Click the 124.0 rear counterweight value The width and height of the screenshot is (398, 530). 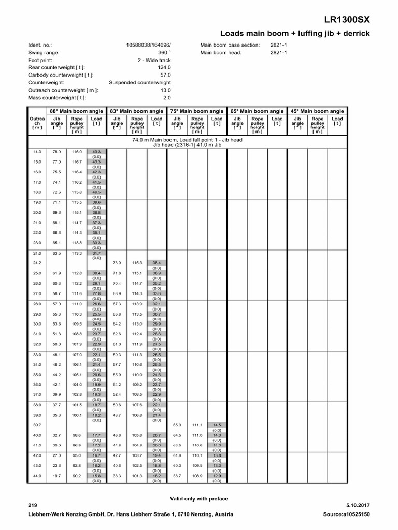(164, 67)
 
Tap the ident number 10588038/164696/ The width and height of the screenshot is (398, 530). (148, 45)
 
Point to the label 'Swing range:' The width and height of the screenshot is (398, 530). (44, 52)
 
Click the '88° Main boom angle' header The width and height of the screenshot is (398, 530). (76, 111)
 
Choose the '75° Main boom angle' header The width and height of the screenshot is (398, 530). (196, 111)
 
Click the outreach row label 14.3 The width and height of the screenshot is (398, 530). (37, 152)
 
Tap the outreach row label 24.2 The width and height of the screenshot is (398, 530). (37, 263)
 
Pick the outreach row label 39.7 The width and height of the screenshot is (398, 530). (37, 425)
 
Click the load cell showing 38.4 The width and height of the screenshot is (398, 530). (157, 263)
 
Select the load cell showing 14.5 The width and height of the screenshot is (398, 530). (217, 425)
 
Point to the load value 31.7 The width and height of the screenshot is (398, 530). (96, 253)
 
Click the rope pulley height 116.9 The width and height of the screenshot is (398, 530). (77, 152)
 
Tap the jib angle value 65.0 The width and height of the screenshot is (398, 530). (177, 425)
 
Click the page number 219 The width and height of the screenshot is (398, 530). (32, 505)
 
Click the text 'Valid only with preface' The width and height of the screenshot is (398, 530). (199, 498)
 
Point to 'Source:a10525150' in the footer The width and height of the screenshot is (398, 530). (346, 514)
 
